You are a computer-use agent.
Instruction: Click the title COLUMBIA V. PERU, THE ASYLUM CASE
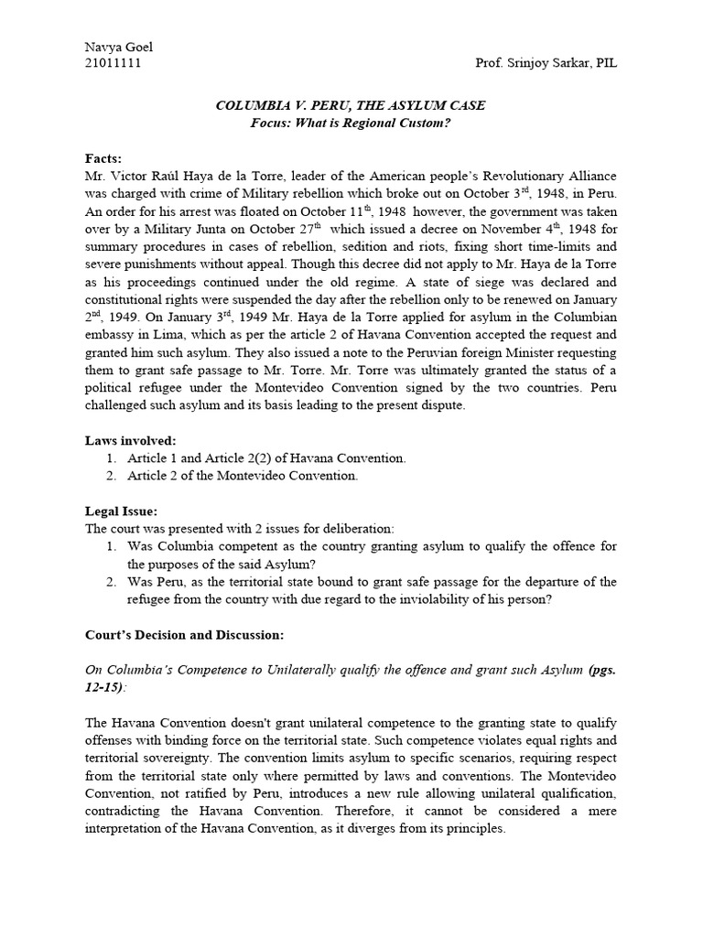(351, 106)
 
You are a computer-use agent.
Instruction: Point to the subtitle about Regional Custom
(351, 124)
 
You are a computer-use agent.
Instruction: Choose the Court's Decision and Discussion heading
(185, 634)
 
